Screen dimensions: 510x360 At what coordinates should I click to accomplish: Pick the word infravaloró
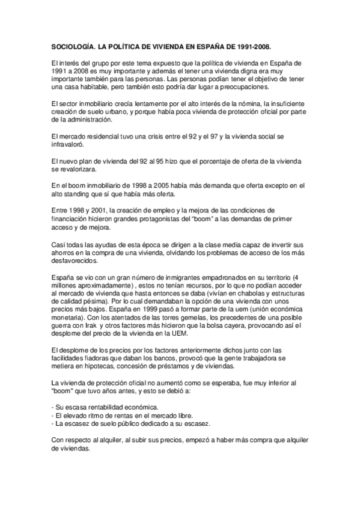[x=67, y=145]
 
